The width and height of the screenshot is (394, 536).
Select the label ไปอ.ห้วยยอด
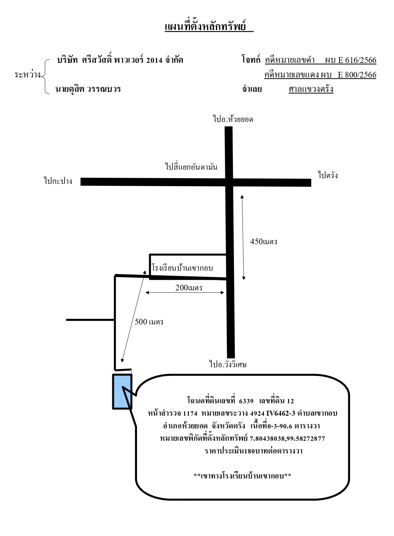pyautogui.click(x=233, y=119)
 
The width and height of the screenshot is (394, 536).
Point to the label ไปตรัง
pyautogui.click(x=328, y=175)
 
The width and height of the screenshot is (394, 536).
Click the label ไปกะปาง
pyautogui.click(x=58, y=181)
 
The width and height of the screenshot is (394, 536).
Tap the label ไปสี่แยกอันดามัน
pyautogui.click(x=191, y=166)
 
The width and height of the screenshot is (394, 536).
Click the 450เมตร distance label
pyautogui.click(x=264, y=242)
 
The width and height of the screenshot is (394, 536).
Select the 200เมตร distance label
pyautogui.click(x=189, y=287)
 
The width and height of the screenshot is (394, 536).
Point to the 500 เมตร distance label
pyautogui.click(x=149, y=321)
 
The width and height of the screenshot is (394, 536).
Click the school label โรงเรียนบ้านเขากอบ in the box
pyautogui.click(x=182, y=268)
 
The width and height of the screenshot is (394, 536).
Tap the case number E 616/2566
pyautogui.click(x=357, y=60)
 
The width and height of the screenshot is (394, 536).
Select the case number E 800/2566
pyautogui.click(x=357, y=75)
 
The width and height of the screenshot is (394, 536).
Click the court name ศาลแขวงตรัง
pyautogui.click(x=311, y=89)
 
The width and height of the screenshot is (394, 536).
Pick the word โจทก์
pyautogui.click(x=251, y=59)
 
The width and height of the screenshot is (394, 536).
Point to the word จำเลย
pyautogui.click(x=252, y=89)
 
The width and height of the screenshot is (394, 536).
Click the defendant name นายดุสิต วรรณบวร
pyautogui.click(x=88, y=89)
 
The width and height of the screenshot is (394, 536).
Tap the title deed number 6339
pyautogui.click(x=246, y=401)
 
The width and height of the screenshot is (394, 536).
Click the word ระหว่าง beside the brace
pyautogui.click(x=27, y=75)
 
